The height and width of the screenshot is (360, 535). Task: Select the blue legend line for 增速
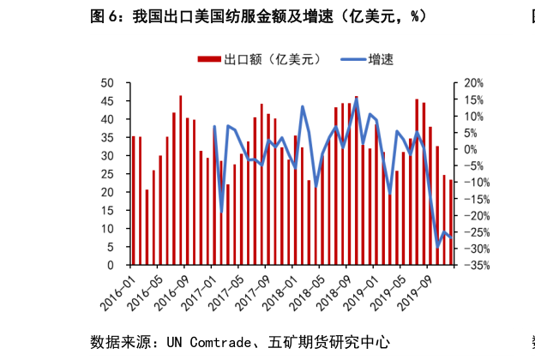(353, 59)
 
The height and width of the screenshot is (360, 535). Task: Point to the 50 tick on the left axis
(108, 83)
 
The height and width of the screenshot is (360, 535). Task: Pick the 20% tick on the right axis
(474, 83)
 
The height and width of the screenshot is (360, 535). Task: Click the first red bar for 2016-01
(133, 201)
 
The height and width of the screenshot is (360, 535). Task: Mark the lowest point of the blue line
(437, 247)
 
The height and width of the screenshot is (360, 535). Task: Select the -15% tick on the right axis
(474, 200)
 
